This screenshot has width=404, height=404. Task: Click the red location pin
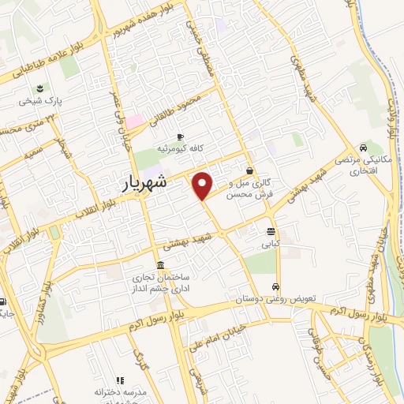pos(203,185)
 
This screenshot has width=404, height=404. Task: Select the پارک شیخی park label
pos(42,102)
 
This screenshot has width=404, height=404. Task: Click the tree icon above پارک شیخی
pos(41,88)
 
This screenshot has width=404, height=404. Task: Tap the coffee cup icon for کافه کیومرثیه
pos(181,136)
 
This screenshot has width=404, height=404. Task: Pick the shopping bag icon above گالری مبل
pos(249,170)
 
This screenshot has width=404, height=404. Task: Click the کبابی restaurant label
pos(271,245)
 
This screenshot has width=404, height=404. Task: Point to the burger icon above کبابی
pos(271,232)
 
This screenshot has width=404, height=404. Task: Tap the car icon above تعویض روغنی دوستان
pos(275,286)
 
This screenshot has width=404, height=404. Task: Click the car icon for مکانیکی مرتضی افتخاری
pos(362,148)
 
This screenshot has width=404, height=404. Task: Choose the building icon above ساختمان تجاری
pos(160,264)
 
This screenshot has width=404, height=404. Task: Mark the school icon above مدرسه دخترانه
pos(120,380)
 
